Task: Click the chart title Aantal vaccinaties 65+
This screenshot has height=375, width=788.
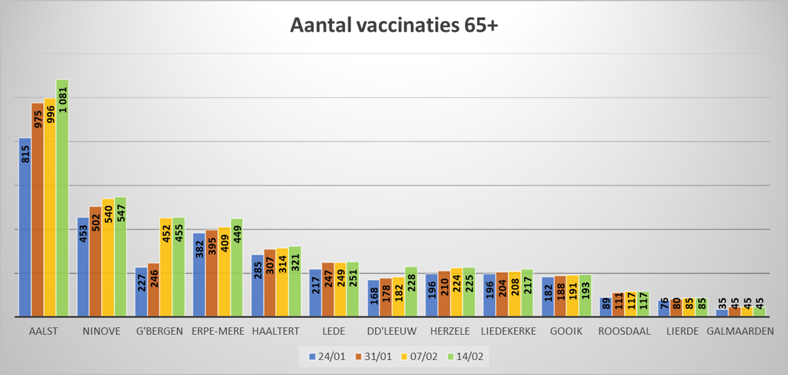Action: (394, 26)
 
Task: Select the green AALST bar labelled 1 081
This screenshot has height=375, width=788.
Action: (63, 199)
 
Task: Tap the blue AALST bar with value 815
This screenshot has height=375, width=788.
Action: (25, 228)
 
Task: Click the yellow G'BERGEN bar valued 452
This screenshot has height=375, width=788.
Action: (166, 267)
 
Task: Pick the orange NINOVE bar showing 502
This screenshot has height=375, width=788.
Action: (95, 262)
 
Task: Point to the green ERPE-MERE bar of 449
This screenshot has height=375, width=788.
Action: (237, 268)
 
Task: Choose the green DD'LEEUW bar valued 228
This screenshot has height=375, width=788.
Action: (411, 292)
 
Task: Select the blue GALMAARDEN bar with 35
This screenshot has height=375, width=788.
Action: (722, 313)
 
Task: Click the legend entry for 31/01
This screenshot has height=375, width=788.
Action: (373, 357)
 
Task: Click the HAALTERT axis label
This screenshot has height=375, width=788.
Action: (276, 331)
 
